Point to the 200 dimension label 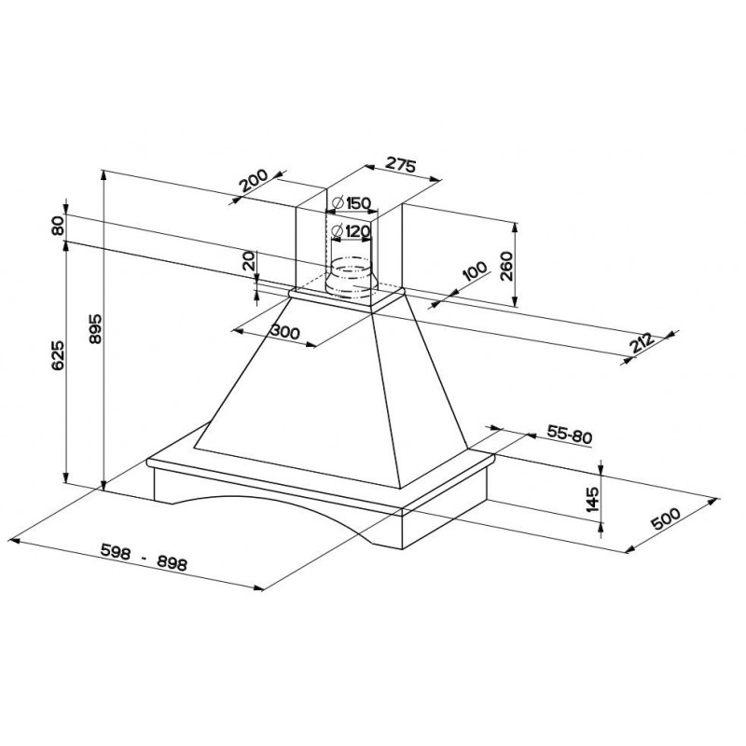[x=253, y=180]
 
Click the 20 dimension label [x=249, y=262]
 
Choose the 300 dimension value [x=283, y=331]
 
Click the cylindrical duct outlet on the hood [x=352, y=277]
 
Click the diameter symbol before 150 [x=336, y=203]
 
